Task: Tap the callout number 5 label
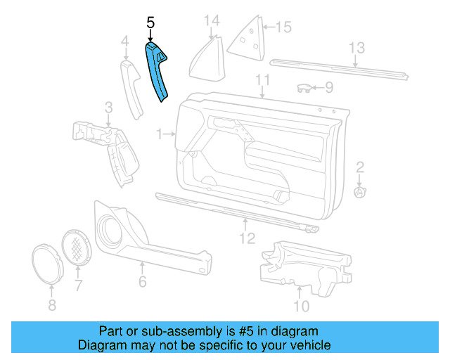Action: click(150, 23)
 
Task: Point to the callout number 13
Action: click(357, 48)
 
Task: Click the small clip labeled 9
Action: click(303, 88)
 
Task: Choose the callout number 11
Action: click(263, 79)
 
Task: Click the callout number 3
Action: click(108, 108)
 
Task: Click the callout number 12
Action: click(246, 238)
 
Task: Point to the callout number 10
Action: click(300, 306)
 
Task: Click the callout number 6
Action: click(142, 281)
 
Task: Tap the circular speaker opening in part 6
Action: click(110, 228)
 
